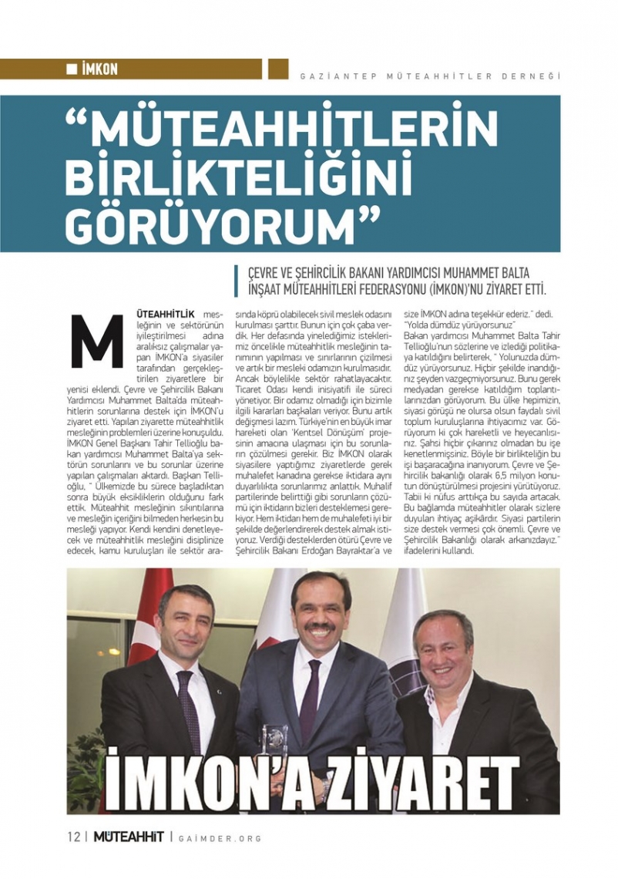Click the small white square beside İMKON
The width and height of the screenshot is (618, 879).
[72, 69]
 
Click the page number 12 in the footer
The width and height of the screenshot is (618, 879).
[73, 837]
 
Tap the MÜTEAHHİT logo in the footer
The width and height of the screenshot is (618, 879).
[129, 837]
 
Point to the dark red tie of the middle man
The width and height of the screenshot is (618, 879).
[310, 691]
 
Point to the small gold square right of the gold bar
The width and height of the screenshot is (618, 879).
[278, 69]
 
